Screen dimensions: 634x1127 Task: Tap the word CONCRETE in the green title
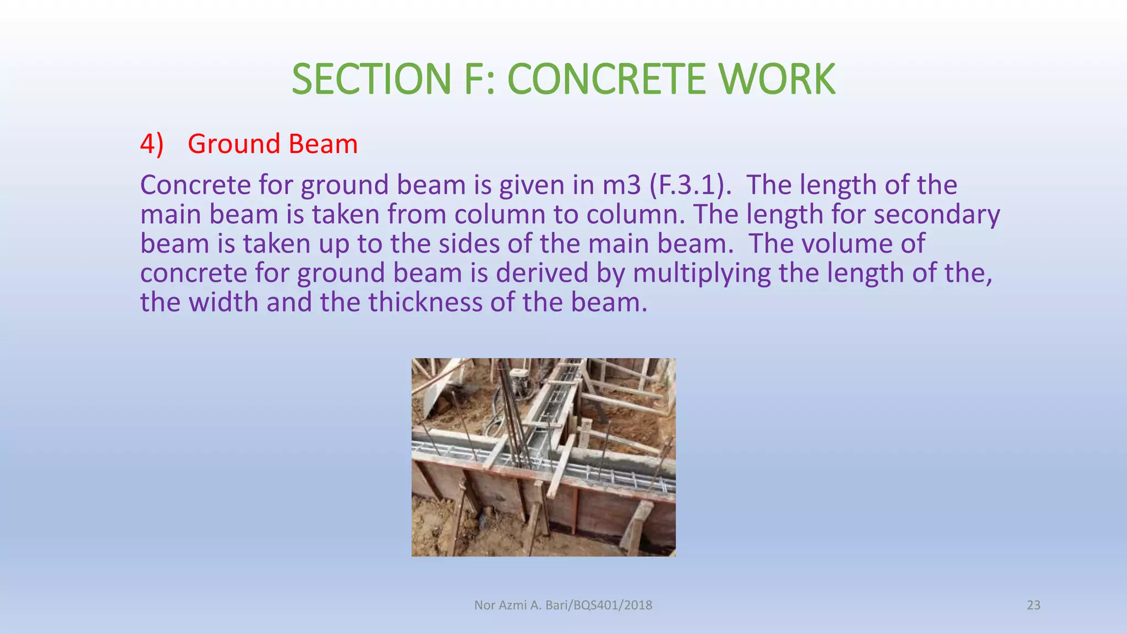coord(606,79)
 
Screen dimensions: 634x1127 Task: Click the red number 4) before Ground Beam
coord(152,144)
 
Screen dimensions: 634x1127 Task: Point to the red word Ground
coord(234,144)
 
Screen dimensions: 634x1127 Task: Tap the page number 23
coord(1033,605)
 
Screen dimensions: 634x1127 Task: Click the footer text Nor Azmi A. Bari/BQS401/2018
coord(563,605)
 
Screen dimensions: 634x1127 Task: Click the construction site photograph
coord(543,457)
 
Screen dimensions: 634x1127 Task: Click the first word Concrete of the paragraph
coord(195,185)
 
